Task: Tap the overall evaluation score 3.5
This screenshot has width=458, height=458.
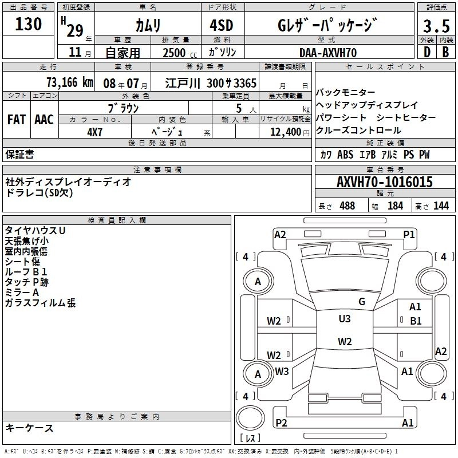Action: click(436, 26)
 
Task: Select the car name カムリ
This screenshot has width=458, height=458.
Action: click(148, 25)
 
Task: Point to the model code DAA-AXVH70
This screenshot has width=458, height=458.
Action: click(328, 53)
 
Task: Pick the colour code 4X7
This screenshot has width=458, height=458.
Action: click(94, 131)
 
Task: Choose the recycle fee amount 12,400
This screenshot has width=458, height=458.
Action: click(283, 132)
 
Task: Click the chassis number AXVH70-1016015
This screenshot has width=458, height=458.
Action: click(385, 182)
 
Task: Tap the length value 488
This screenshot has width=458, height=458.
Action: click(347, 206)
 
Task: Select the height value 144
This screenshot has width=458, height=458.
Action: click(441, 206)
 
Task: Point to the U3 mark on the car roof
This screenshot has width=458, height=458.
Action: click(345, 319)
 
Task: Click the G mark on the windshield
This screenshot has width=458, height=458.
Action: click(362, 302)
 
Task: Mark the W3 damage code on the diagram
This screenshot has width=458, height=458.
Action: click(282, 372)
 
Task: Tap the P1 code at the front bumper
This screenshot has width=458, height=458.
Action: click(409, 234)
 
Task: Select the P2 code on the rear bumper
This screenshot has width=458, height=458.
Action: click(282, 423)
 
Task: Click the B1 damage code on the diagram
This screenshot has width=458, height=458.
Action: click(416, 321)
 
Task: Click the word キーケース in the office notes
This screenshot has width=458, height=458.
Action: click(29, 428)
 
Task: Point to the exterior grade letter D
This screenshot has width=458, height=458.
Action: click(427, 53)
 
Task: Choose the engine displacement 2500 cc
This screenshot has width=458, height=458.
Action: click(175, 53)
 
